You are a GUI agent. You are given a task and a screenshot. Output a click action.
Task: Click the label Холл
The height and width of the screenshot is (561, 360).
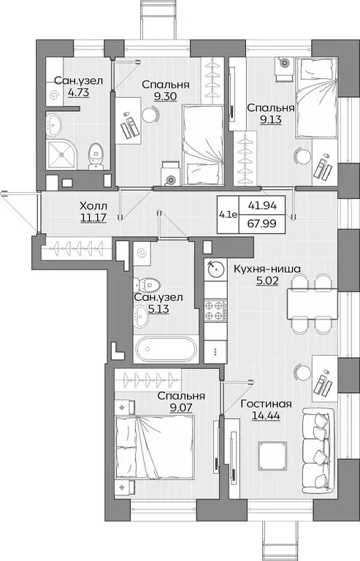[93, 207]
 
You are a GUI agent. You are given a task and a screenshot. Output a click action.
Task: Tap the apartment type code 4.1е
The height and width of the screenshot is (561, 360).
[228, 215]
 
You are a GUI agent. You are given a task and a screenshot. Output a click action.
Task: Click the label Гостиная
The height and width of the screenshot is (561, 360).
[269, 404]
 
